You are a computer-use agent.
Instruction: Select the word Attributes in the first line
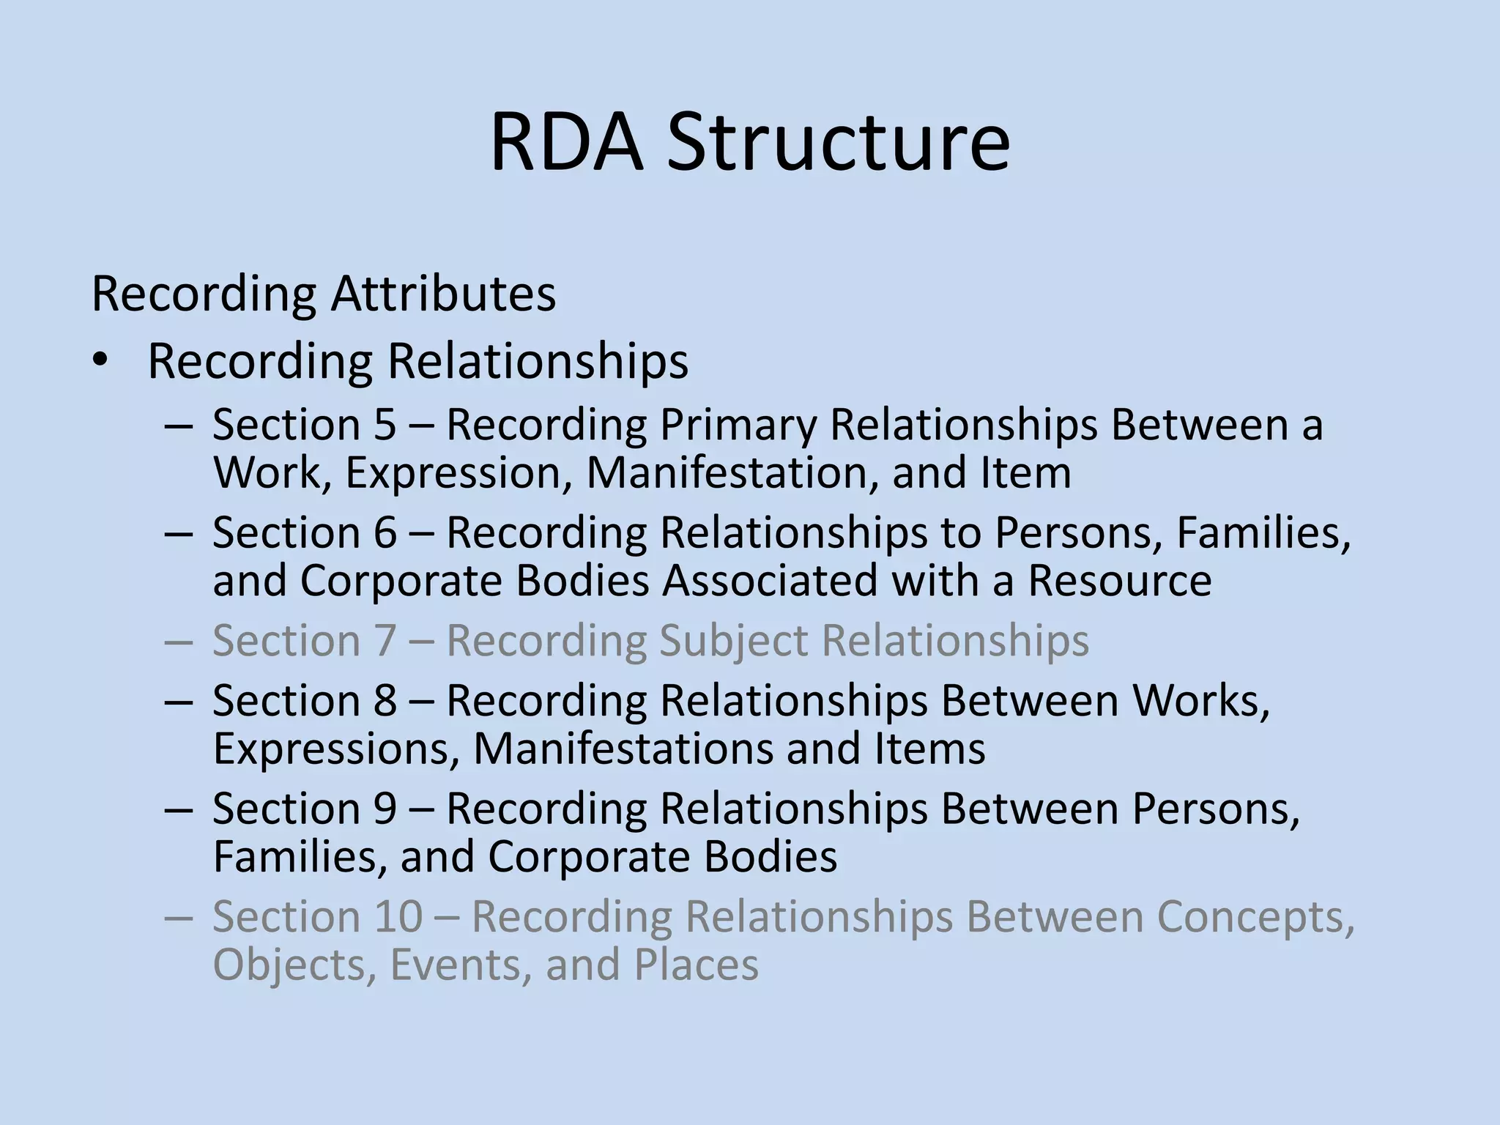(443, 294)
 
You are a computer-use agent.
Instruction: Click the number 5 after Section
(384, 424)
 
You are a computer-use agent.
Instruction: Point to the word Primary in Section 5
(738, 426)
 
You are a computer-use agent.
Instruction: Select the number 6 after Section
(385, 532)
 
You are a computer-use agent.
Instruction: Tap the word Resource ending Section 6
(1120, 580)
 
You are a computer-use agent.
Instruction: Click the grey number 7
(385, 641)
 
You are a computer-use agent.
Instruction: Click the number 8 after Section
(385, 701)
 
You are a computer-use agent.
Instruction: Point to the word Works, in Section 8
(1201, 701)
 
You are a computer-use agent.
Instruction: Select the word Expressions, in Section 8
(336, 749)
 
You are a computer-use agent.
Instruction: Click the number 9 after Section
(385, 809)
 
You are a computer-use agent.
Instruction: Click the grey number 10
(398, 916)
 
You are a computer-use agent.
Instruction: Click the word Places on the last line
(696, 965)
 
